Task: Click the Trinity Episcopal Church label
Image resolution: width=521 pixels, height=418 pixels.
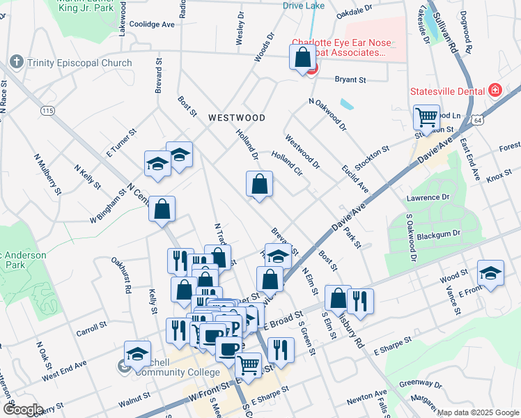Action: (79, 63)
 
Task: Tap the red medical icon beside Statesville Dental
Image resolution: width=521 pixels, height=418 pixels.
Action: (495, 91)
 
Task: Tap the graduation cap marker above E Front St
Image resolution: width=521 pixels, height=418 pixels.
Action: (490, 273)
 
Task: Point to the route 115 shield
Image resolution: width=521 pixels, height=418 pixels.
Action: (47, 111)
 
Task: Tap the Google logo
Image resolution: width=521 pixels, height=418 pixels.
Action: (23, 410)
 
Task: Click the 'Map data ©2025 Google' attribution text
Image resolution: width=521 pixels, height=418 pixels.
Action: (477, 412)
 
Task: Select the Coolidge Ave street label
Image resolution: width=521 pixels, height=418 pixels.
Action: (152, 24)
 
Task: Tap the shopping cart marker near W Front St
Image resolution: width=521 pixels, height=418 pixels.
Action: (249, 364)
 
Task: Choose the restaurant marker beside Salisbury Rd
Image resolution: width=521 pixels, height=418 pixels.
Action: (360, 300)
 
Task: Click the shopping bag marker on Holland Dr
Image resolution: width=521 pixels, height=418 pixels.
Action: (259, 185)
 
